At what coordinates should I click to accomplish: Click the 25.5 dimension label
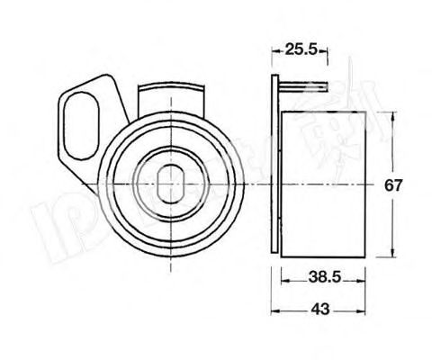tap(300, 51)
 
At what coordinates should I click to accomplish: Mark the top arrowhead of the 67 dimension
tap(393, 114)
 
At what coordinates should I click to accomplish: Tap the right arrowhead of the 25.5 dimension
tap(322, 51)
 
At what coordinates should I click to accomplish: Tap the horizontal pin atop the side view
tap(301, 87)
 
